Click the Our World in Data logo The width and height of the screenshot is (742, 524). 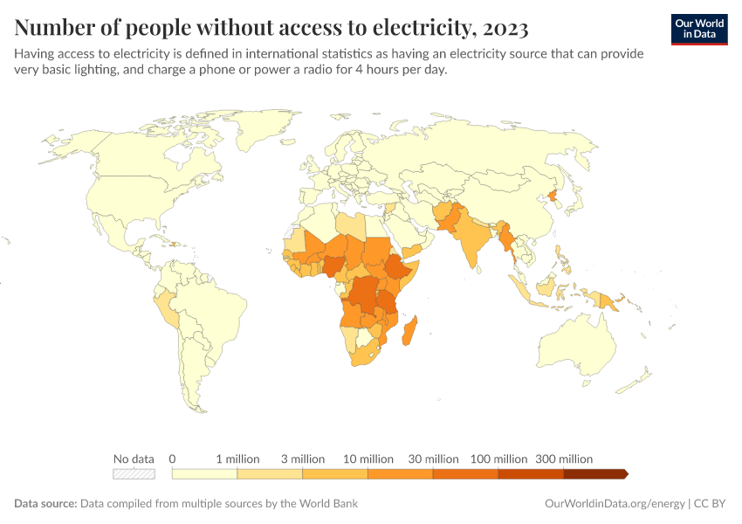698,29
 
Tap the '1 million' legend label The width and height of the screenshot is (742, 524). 237,458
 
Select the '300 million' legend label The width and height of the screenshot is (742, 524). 564,458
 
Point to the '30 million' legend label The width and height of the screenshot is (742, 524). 434,458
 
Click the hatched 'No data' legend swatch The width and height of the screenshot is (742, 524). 134,474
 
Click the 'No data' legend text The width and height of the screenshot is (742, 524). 134,458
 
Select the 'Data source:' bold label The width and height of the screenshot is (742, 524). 45,504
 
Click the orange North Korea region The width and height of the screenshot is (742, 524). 552,196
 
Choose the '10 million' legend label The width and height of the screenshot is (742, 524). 368,458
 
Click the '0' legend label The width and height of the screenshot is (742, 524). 173,458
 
